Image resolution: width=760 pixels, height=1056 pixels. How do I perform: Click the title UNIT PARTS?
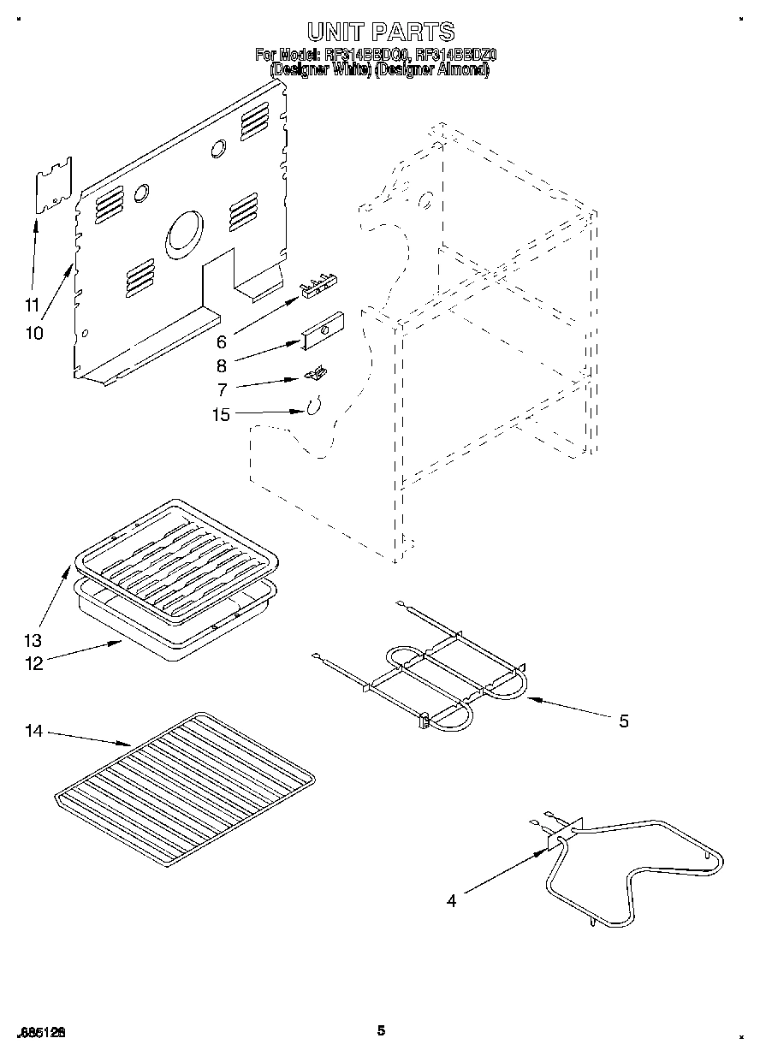(x=380, y=33)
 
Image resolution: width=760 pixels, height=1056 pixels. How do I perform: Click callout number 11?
(x=32, y=305)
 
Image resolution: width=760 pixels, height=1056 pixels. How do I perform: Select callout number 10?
(x=33, y=333)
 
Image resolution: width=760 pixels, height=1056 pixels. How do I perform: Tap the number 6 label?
(x=221, y=342)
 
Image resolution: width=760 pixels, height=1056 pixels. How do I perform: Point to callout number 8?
(x=221, y=366)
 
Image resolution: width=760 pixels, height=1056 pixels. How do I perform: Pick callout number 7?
(x=221, y=389)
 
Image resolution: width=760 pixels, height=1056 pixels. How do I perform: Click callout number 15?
(x=221, y=416)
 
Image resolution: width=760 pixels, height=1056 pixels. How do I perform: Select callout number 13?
(x=33, y=640)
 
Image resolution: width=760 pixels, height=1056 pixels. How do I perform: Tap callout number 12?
(x=33, y=664)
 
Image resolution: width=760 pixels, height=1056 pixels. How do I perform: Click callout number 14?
(x=33, y=731)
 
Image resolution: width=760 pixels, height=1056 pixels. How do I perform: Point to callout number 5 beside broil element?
(x=623, y=721)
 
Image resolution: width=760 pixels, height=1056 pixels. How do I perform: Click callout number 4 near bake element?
(x=451, y=899)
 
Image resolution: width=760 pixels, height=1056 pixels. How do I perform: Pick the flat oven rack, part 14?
(x=184, y=786)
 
